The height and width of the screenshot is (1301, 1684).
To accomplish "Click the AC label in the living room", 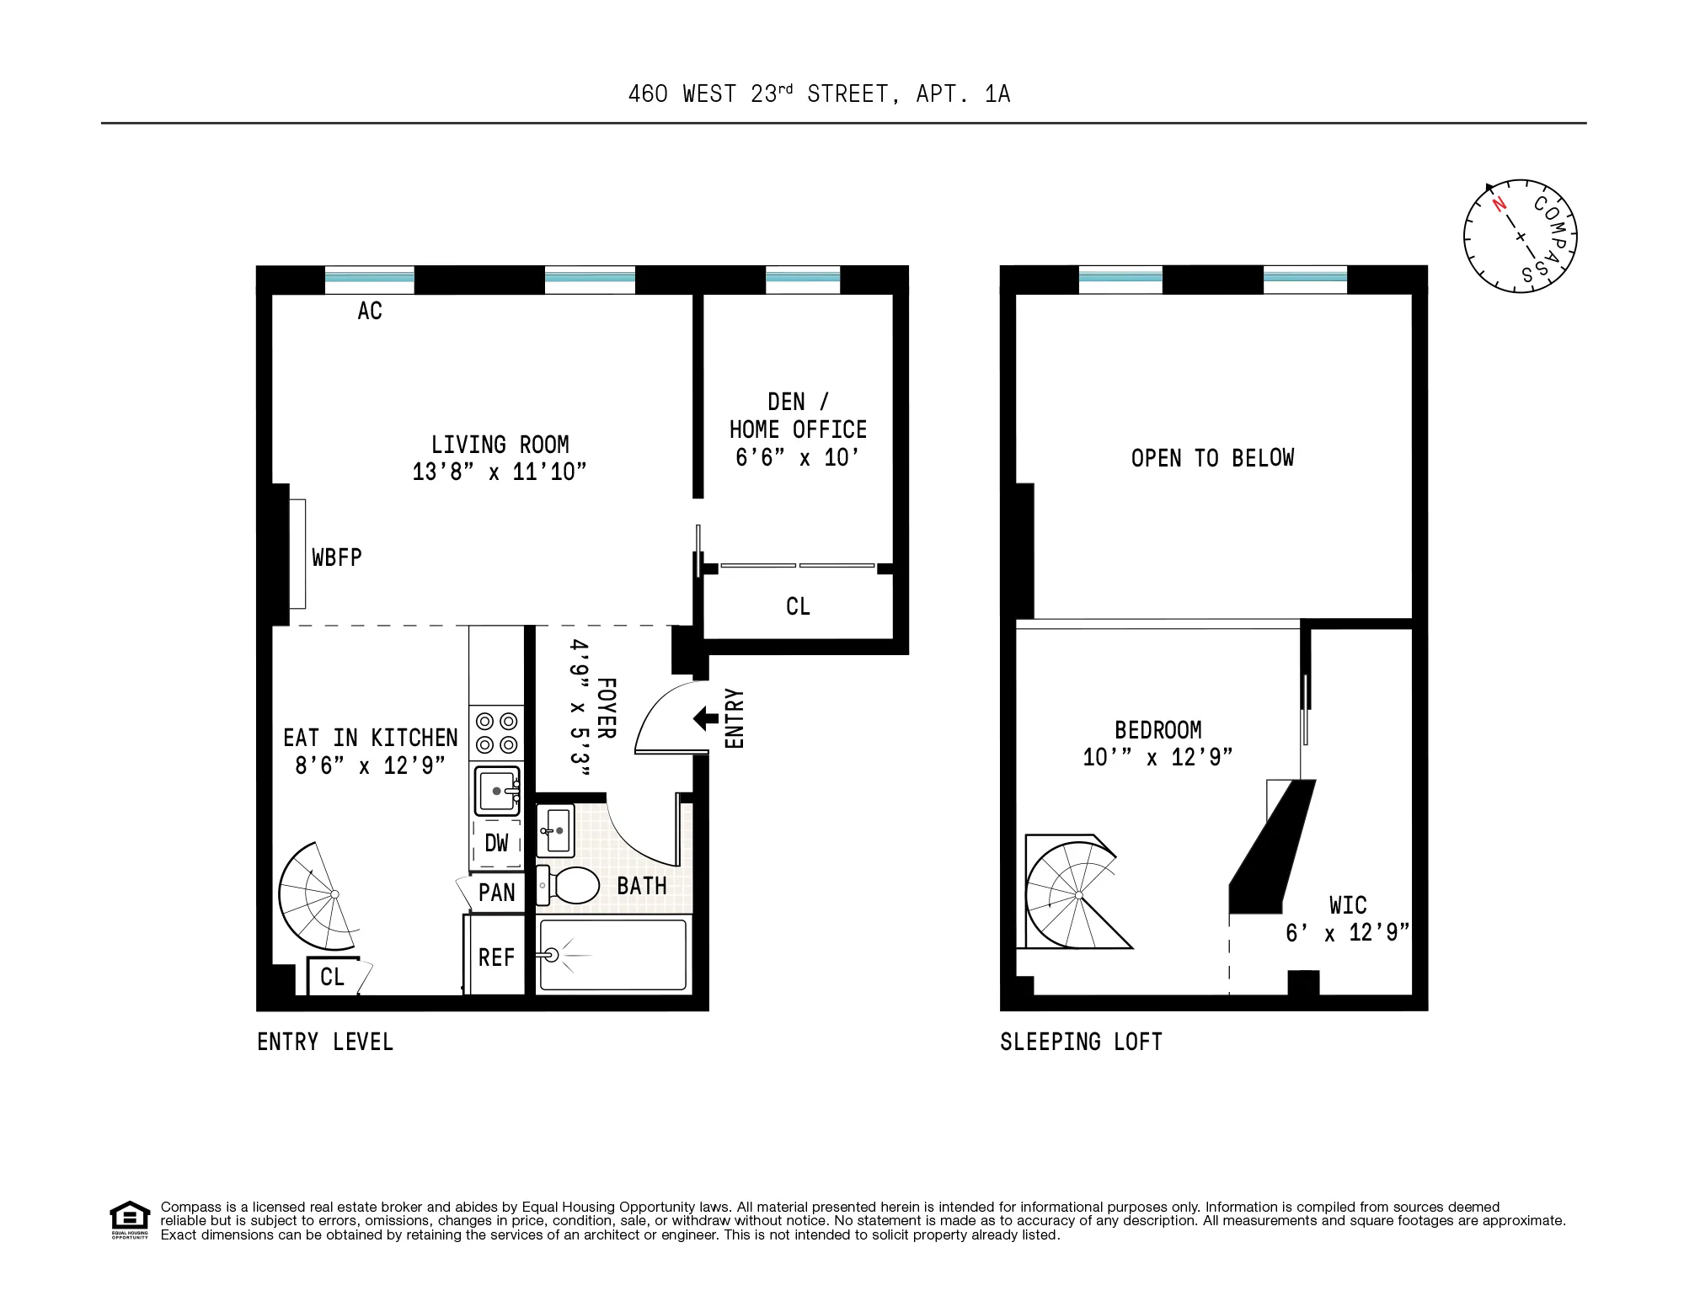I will coord(370,311).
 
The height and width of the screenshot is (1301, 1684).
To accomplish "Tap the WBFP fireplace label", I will coord(337,557).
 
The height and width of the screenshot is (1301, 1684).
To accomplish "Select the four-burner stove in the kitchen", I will coord(497,733).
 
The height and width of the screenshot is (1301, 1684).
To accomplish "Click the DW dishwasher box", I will coord(497,843).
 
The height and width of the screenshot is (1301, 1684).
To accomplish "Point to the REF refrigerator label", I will coord(496,957).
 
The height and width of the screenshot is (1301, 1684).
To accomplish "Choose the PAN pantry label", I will coord(496,893).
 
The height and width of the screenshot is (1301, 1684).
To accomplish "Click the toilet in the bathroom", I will coord(570,885).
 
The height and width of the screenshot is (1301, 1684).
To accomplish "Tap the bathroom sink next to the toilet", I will coord(555,830).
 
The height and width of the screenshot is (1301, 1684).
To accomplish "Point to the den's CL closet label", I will coord(798,606).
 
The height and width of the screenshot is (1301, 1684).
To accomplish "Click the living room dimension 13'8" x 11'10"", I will coord(499,472).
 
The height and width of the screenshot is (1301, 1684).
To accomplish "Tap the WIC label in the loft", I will coord(1348,905).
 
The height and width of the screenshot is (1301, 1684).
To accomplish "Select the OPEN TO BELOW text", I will coord(1212,458).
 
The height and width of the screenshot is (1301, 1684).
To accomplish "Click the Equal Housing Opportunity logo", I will coord(130,1219).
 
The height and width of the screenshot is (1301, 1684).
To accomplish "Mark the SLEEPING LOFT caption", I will coord(1081,1042).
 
